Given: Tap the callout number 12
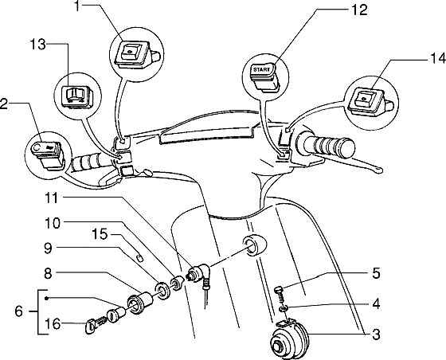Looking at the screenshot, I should point(337,10).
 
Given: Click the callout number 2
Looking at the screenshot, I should point(6,103).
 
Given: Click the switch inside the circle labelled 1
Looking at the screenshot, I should point(131,53).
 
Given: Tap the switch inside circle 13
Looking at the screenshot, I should point(77,95).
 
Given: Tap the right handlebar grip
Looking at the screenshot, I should point(326,146).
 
